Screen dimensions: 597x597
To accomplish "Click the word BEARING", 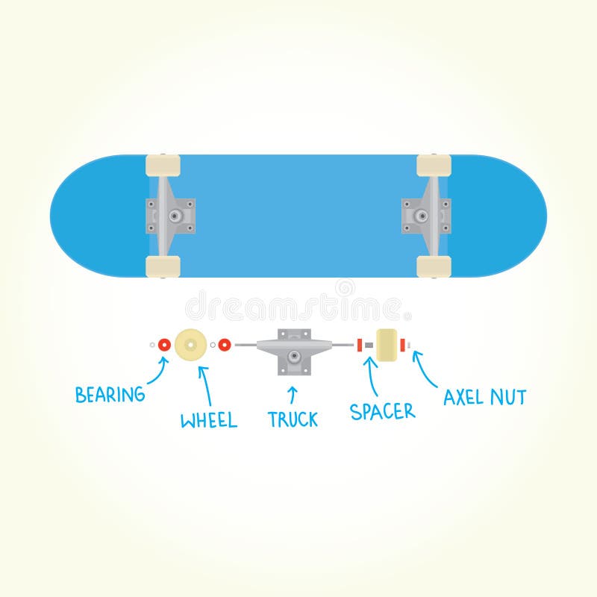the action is (110, 395).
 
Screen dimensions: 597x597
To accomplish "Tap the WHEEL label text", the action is (209, 420).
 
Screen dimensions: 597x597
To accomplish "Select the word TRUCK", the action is (293, 419).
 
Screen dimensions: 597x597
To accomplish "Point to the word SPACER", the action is (383, 410).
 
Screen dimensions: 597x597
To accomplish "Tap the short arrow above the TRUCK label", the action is (293, 394).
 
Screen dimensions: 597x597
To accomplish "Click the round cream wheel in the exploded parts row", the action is (190, 345).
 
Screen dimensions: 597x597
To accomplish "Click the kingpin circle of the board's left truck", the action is (175, 216).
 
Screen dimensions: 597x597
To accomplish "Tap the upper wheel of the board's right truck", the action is (434, 166).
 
